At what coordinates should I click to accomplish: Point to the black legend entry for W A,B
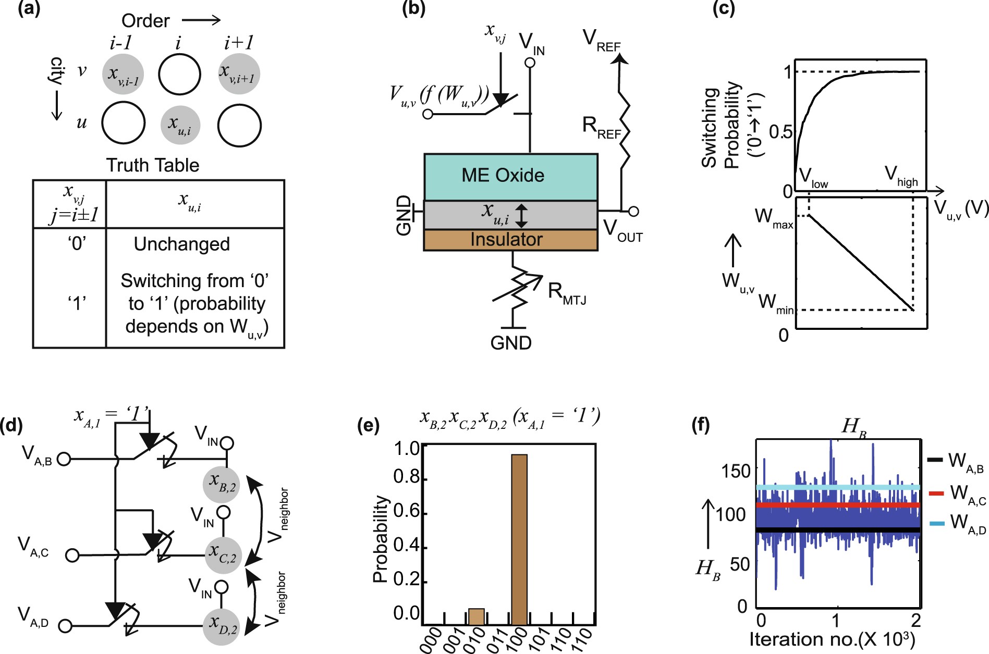(x=936, y=460)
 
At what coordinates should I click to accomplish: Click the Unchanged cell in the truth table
(x=181, y=244)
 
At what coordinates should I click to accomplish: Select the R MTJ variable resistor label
(x=567, y=293)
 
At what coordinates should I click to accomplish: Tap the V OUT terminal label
(x=622, y=230)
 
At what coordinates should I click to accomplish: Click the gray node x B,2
(x=221, y=484)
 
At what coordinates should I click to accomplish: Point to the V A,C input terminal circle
(x=72, y=555)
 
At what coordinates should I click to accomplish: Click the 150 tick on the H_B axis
(x=735, y=471)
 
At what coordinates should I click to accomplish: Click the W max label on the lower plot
(x=773, y=218)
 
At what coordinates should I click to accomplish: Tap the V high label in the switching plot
(x=900, y=176)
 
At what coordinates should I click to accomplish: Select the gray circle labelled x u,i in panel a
(x=180, y=125)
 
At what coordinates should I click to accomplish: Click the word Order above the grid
(x=145, y=21)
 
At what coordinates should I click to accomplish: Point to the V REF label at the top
(x=601, y=40)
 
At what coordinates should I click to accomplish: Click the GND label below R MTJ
(x=510, y=343)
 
